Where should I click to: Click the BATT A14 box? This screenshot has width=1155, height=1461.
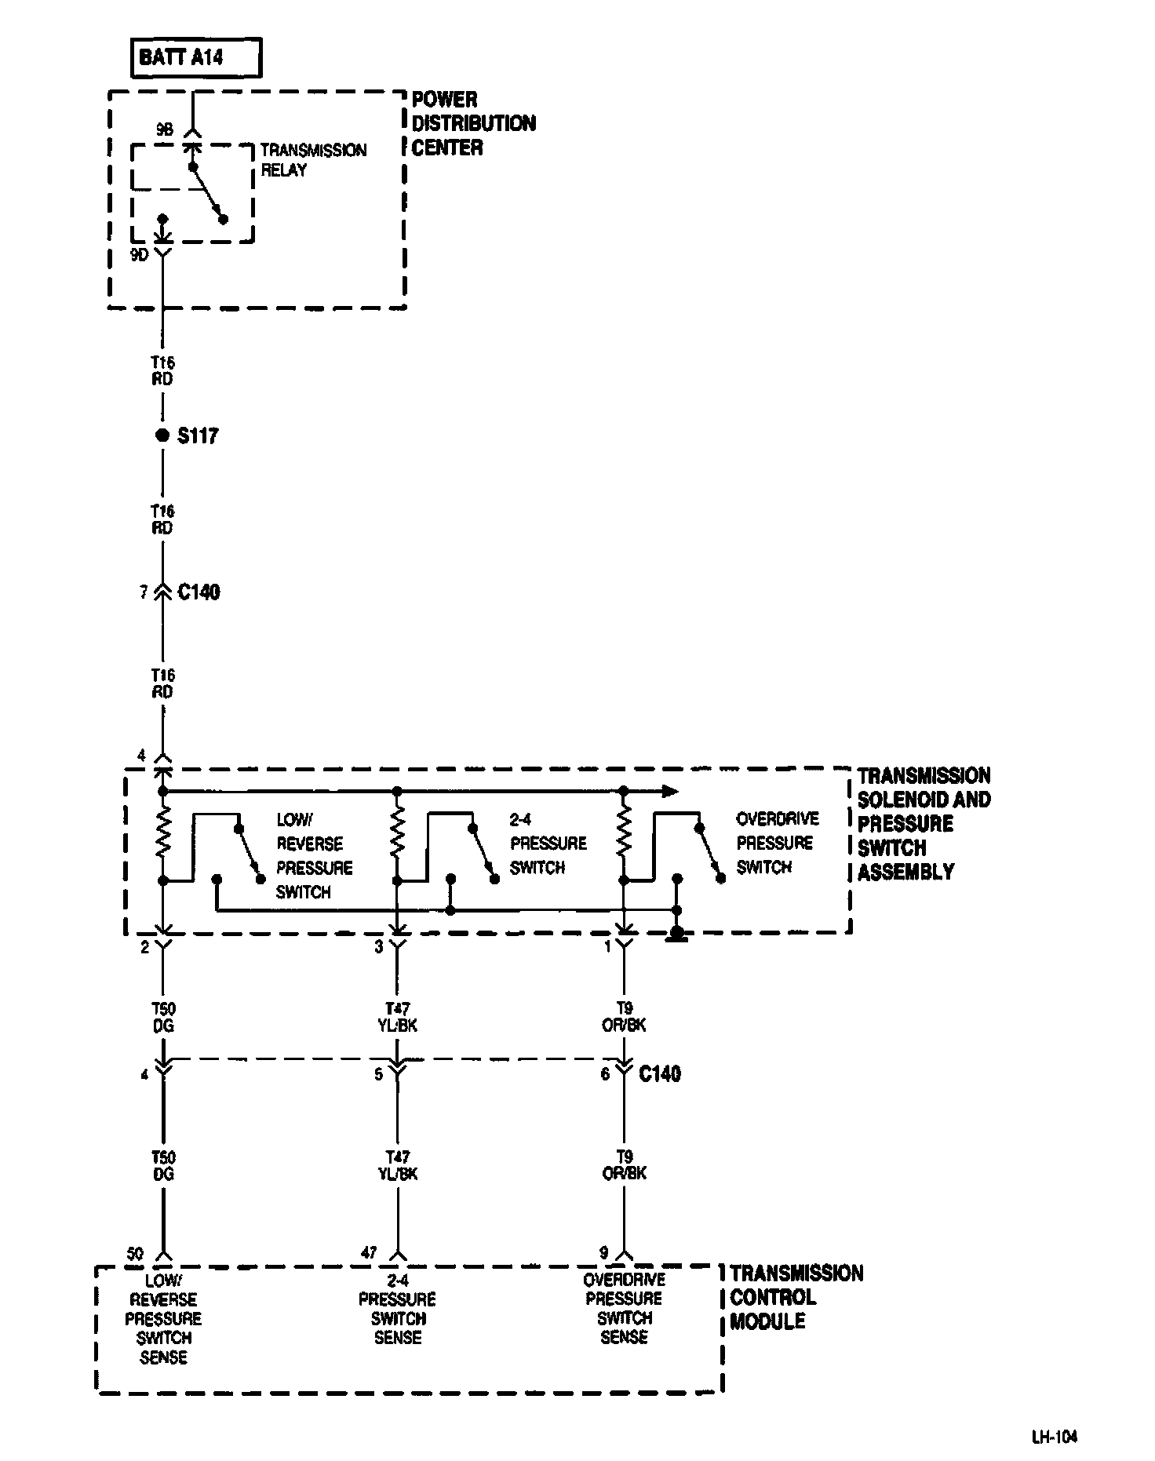[x=196, y=59]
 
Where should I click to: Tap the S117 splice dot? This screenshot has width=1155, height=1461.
[x=162, y=435]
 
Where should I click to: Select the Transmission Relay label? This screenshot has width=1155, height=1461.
[x=313, y=160]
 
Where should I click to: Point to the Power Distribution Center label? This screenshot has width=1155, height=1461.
[x=473, y=123]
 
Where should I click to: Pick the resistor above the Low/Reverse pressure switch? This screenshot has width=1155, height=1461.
[x=163, y=835]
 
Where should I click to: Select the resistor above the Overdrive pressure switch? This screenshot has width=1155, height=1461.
[x=624, y=835]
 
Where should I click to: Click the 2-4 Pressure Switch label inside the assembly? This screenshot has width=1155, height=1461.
[x=548, y=843]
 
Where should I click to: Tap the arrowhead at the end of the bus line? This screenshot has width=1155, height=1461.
[x=669, y=791]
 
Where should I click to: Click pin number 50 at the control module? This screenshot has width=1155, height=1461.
[x=135, y=1254]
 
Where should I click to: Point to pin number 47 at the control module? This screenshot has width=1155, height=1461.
[x=369, y=1254]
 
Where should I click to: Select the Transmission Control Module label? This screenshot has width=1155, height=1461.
[x=796, y=1297]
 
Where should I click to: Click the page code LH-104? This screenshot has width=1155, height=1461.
[x=1055, y=1437]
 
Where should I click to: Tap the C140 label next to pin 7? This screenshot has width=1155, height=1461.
[x=199, y=592]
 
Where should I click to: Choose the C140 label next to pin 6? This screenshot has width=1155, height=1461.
[x=660, y=1073]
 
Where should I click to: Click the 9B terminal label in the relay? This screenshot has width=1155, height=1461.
[x=164, y=131]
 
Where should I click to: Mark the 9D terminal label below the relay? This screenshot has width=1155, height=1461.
[x=140, y=254]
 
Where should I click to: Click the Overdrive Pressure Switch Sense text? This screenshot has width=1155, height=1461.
[x=624, y=1308]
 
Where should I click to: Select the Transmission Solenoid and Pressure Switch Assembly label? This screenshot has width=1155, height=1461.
[x=924, y=823]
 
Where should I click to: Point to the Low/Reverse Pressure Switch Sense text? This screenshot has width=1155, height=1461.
[x=163, y=1318]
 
